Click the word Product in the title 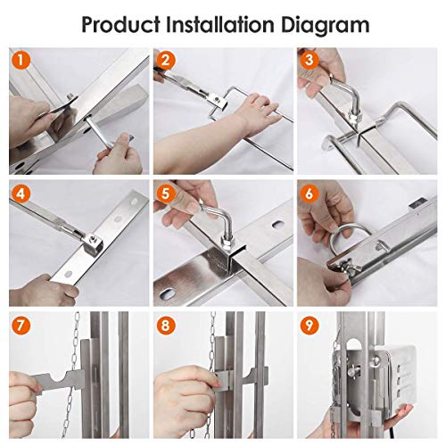120,25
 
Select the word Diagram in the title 326,26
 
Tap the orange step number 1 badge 21,60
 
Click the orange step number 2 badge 166,60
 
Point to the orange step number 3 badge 310,60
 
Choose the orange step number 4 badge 21,194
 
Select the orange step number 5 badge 166,194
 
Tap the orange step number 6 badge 310,194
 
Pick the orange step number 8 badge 166,325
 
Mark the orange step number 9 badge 310,325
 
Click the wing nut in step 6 346,265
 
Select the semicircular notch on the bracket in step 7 59,376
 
